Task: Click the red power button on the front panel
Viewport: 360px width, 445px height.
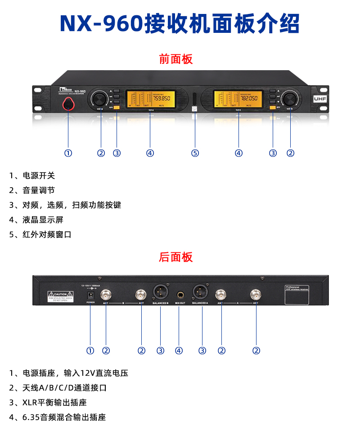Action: pos(68,103)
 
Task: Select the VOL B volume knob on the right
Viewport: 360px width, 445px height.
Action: pos(290,99)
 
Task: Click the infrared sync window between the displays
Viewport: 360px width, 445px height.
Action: pos(194,99)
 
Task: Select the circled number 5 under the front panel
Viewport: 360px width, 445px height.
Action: pos(195,153)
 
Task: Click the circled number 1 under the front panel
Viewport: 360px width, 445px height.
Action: pos(68,153)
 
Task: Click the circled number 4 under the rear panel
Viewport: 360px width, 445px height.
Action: pos(179,351)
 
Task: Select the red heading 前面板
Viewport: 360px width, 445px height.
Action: pos(175,59)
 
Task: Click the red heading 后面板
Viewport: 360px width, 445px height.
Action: pos(175,257)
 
